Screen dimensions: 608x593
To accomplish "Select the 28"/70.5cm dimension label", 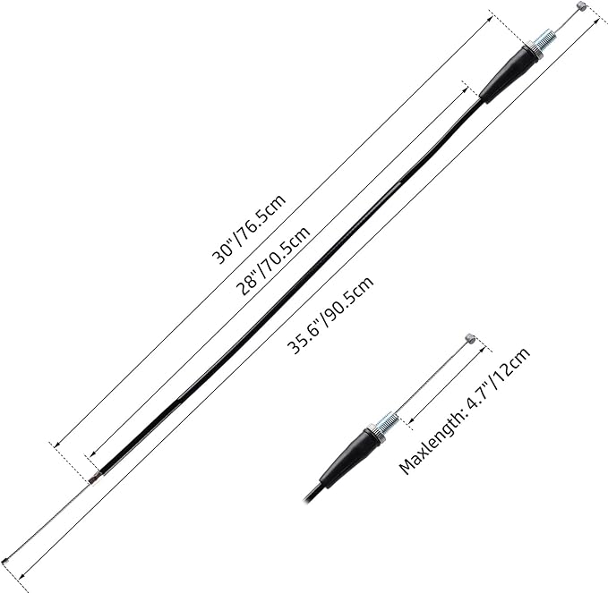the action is click(273, 260).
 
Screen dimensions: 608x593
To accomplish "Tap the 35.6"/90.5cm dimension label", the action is click(330, 315).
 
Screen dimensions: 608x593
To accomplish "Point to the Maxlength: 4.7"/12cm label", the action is click(465, 411).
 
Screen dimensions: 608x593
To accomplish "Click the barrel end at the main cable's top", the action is click(580, 6).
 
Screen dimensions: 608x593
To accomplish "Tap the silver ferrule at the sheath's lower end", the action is click(92, 480).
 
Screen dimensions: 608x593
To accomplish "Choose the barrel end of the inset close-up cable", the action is click(469, 339).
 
